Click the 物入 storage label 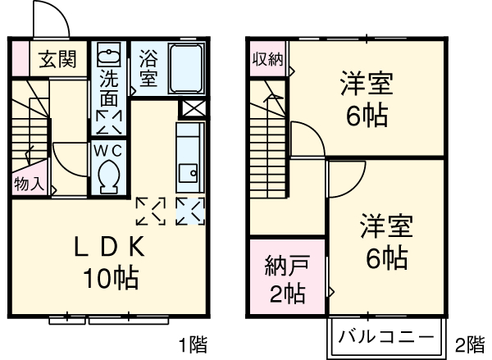pyautogui.click(x=29, y=184)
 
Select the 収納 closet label pyautogui.click(x=267, y=59)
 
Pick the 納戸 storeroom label pyautogui.click(x=287, y=267)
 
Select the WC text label pyautogui.click(x=107, y=150)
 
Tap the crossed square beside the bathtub pyautogui.click(x=194, y=108)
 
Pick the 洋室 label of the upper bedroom pyautogui.click(x=366, y=84)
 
